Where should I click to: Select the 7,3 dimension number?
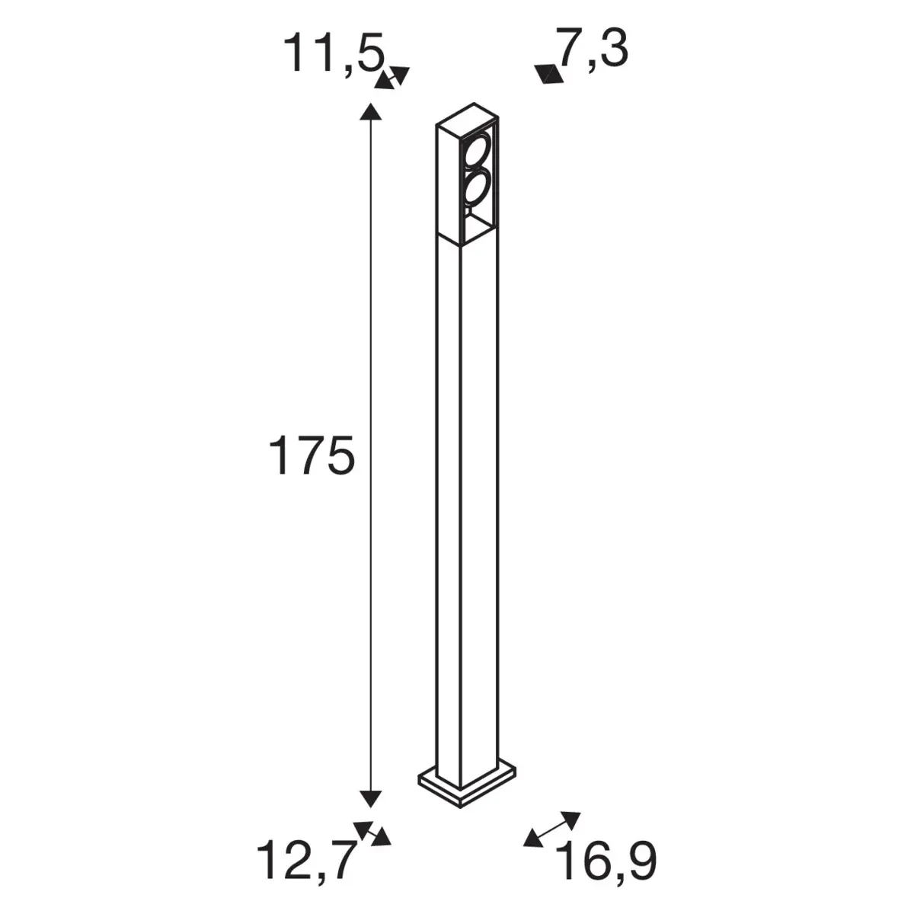click(x=592, y=50)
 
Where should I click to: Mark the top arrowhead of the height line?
click(x=370, y=111)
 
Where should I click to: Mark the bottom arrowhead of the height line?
click(x=370, y=798)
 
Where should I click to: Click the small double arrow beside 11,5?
click(x=392, y=78)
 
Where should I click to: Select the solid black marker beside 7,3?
click(x=548, y=74)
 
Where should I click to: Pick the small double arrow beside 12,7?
click(x=372, y=833)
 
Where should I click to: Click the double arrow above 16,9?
click(x=552, y=829)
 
